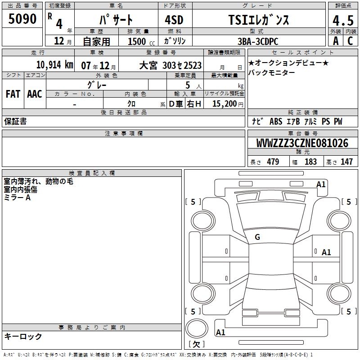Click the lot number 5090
[22, 18]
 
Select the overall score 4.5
[343, 21]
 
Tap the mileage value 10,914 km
[55, 65]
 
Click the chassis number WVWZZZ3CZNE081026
[302, 143]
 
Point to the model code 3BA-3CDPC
[258, 41]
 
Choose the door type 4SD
[174, 20]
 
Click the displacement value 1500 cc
[141, 41]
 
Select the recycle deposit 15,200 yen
[228, 104]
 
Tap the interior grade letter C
[350, 41]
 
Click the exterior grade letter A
[336, 41]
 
